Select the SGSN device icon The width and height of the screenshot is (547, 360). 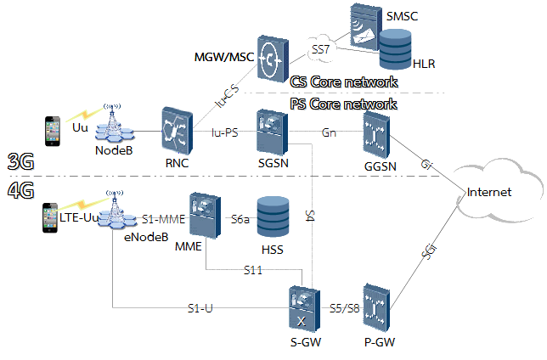pyautogui.click(x=271, y=132)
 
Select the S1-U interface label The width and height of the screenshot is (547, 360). pyautogui.click(x=200, y=307)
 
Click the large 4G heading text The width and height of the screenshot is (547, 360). pyautogui.click(x=20, y=191)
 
